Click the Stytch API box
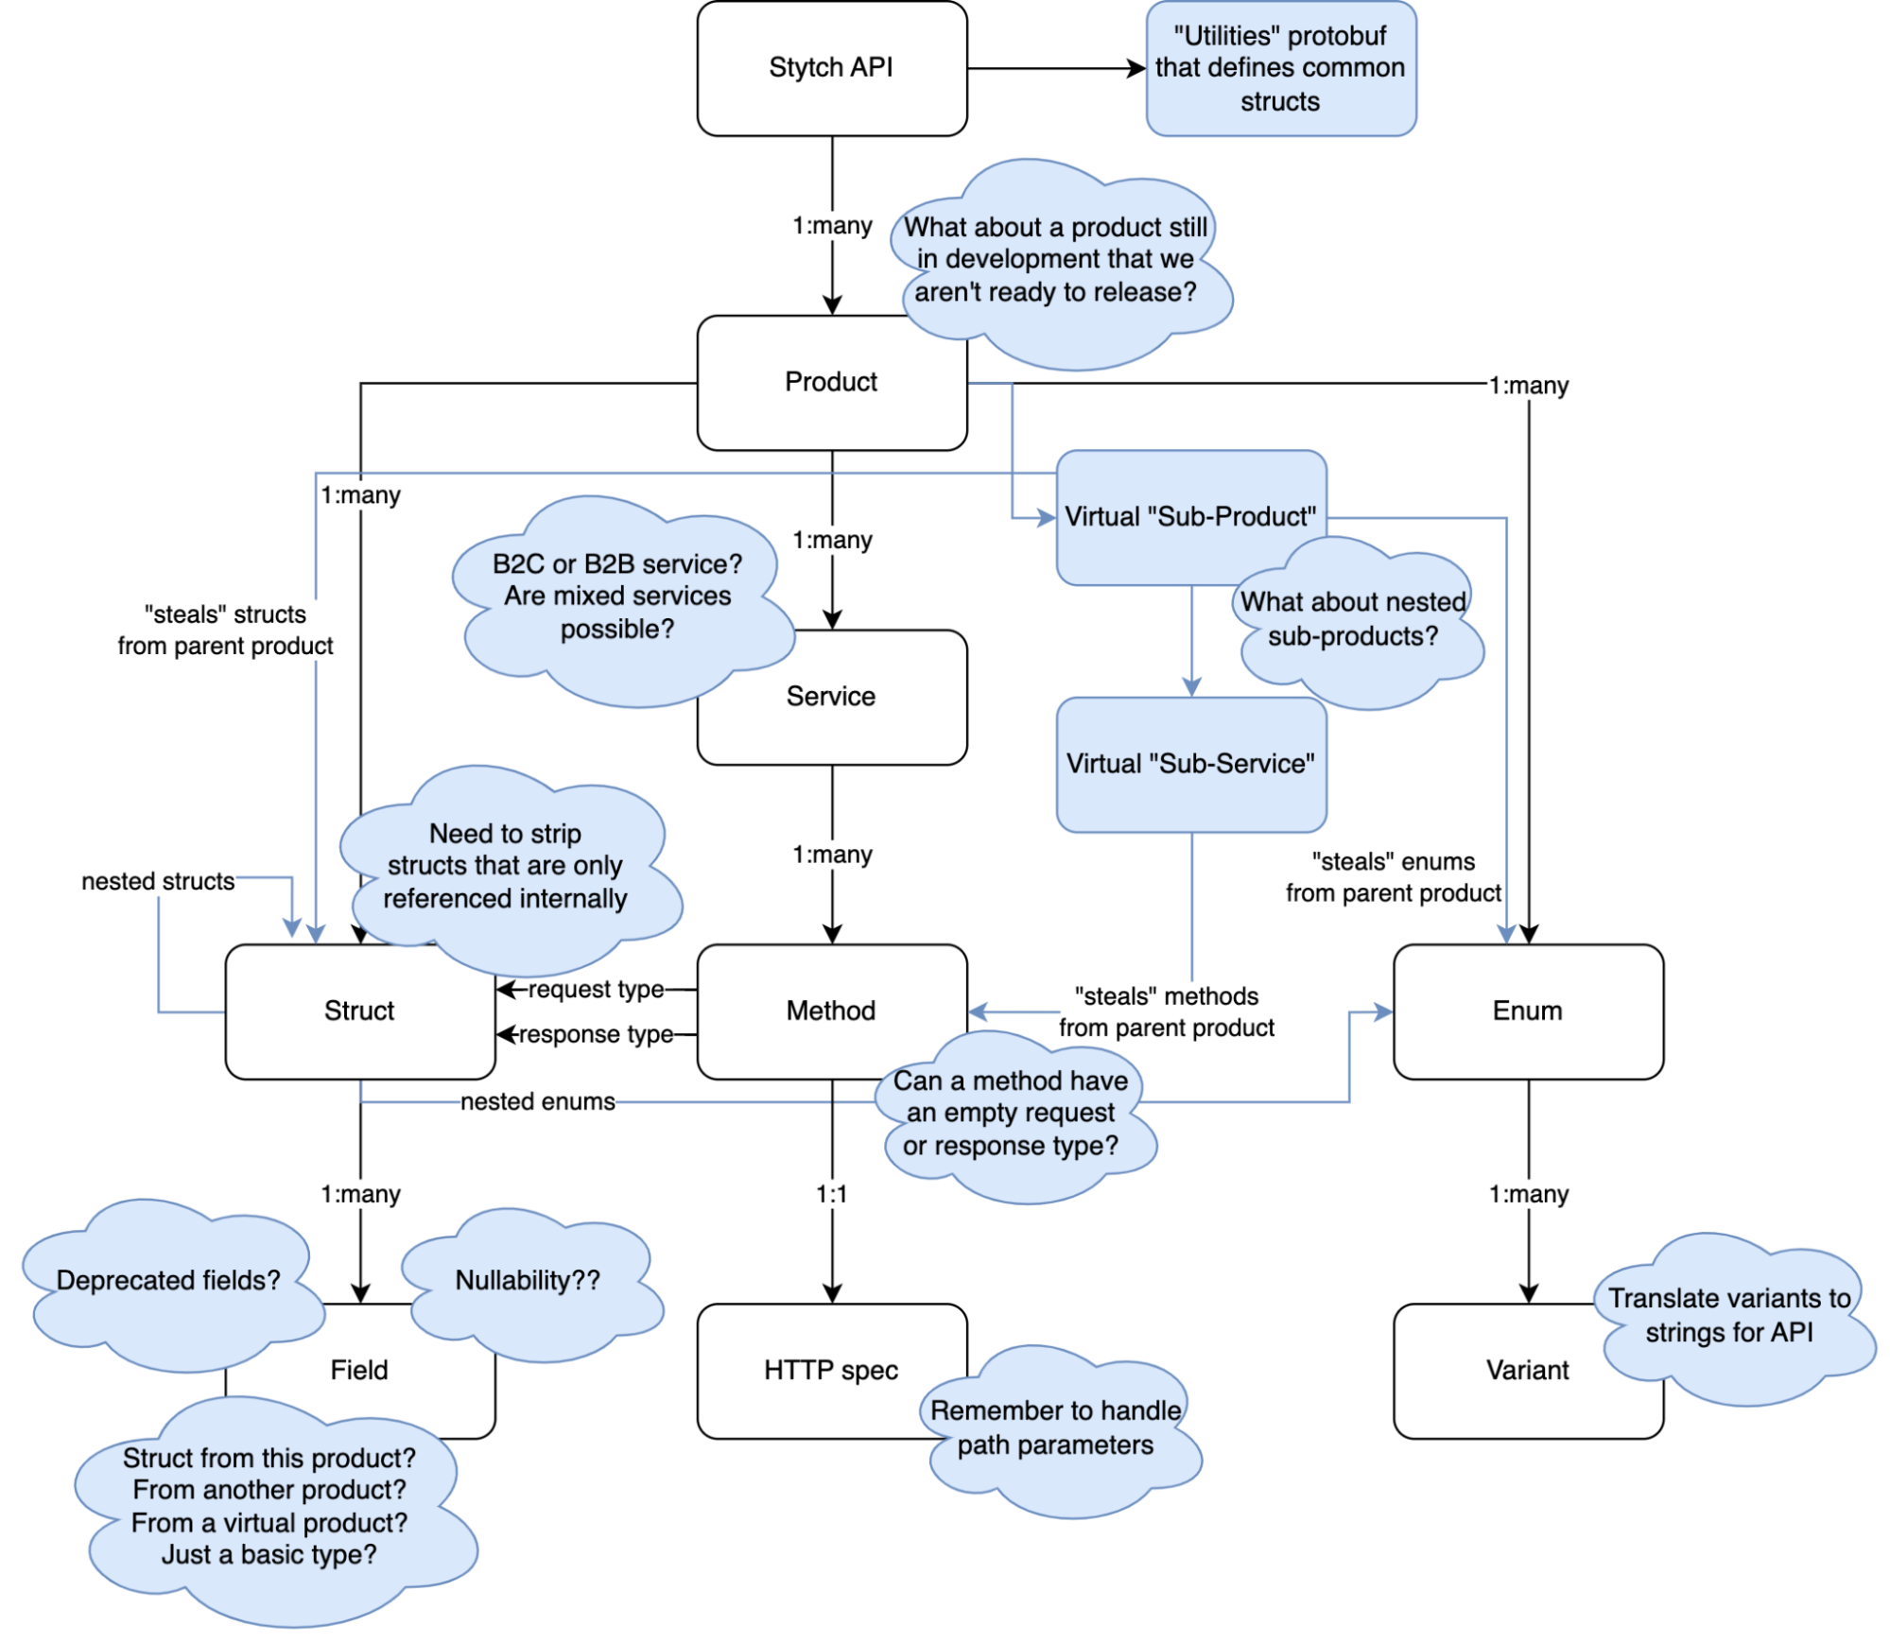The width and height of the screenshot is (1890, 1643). pos(831,68)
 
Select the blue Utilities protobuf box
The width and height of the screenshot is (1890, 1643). pos(1280,68)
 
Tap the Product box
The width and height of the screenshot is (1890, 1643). pos(831,382)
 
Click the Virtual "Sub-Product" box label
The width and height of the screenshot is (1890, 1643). pos(1189,516)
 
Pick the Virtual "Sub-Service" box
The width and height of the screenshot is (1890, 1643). pos(1190,764)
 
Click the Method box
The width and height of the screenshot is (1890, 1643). pos(831,1011)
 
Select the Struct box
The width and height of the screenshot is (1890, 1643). pos(359,1011)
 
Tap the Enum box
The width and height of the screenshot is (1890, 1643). pos(1527,1011)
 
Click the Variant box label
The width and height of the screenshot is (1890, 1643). pos(1527,1370)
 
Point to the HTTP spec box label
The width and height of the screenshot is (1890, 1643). pos(831,1370)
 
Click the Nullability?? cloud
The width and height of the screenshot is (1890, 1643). pos(528,1280)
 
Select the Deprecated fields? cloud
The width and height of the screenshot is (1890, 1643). pos(168,1280)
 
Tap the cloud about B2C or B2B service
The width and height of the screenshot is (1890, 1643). pos(617,597)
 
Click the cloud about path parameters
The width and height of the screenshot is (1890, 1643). pos(1055,1427)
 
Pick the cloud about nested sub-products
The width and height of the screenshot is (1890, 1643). pos(1353,619)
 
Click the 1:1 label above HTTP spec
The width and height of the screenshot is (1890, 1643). pos(831,1194)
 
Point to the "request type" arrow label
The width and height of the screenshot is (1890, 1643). pos(596,989)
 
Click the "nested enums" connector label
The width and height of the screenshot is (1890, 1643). pos(537,1101)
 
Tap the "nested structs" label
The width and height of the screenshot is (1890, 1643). pos(158,881)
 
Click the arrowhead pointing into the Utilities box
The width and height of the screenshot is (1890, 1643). pos(1137,68)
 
